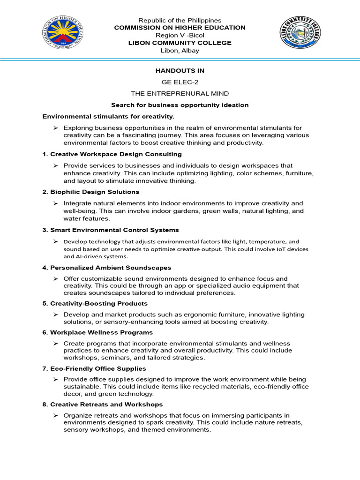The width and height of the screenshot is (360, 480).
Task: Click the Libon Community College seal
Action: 301,32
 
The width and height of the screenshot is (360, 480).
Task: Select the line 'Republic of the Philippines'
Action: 180,20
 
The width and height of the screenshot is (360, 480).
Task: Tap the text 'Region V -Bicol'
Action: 180,35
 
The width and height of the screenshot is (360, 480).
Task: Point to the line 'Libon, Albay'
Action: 180,50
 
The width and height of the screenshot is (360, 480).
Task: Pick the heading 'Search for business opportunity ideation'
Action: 180,105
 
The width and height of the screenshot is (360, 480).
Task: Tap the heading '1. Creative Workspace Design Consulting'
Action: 112,154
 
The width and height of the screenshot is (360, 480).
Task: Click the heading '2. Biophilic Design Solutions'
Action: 91,192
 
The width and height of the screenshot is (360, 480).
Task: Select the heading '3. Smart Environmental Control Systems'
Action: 111,230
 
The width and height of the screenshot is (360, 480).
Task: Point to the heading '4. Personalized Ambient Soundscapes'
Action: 107,267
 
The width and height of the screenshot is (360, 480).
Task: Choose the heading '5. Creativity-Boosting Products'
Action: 95,303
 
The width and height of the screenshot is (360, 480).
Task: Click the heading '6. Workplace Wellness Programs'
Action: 97,332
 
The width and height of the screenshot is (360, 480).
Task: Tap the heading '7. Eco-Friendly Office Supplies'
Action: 94,368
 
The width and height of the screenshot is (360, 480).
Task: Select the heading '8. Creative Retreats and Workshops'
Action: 103,404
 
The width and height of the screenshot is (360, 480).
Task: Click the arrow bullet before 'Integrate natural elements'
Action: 55,203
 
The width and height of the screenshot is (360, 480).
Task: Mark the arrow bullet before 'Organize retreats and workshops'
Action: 55,416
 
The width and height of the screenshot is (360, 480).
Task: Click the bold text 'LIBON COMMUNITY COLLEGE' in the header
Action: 180,43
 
